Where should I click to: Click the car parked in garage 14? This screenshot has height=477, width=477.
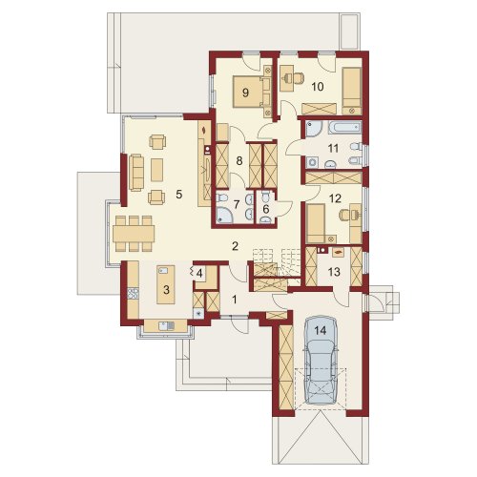(321, 360)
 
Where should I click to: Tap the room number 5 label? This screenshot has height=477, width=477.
(179, 195)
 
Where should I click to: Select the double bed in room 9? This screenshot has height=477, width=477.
(251, 92)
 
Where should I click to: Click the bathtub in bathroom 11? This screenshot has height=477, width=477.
(343, 128)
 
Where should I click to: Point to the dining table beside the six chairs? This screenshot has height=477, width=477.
(134, 234)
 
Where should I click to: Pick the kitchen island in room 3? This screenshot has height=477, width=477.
(166, 284)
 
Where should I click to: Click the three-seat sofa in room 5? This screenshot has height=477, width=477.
(136, 173)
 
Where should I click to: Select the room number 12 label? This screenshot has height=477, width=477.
(335, 198)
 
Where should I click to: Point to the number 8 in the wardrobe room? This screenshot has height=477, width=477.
(239, 161)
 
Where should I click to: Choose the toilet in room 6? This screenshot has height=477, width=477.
(265, 198)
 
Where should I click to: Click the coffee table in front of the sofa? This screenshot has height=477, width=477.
(156, 170)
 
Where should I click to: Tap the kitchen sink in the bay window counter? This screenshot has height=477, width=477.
(166, 325)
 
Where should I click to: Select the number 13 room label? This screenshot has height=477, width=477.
(334, 272)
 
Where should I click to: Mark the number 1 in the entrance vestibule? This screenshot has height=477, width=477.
(235, 300)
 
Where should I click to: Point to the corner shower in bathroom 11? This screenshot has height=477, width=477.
(314, 129)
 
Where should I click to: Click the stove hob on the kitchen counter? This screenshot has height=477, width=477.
(134, 293)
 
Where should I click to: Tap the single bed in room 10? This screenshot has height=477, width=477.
(352, 91)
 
